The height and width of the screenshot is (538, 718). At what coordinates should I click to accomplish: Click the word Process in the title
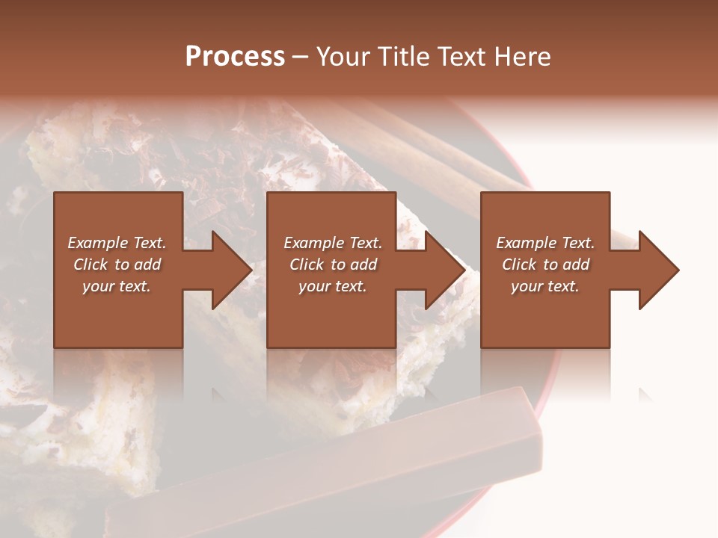coord(235,57)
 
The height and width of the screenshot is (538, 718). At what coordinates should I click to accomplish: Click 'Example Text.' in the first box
coord(117,243)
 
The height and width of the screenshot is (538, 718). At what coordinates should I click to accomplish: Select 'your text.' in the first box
coord(117,286)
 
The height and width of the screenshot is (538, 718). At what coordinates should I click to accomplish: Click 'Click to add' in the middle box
coord(333,265)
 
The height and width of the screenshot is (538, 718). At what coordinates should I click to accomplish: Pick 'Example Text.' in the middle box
coord(333,243)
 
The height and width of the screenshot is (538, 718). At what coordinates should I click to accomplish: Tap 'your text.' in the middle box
coord(333,286)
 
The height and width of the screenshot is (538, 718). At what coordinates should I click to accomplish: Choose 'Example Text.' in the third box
coord(545,243)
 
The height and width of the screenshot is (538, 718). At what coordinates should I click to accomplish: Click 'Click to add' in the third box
coord(545,265)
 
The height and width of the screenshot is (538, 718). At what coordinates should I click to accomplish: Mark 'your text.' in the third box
coord(545,286)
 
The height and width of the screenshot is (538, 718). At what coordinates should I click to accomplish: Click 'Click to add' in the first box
coord(117,265)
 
